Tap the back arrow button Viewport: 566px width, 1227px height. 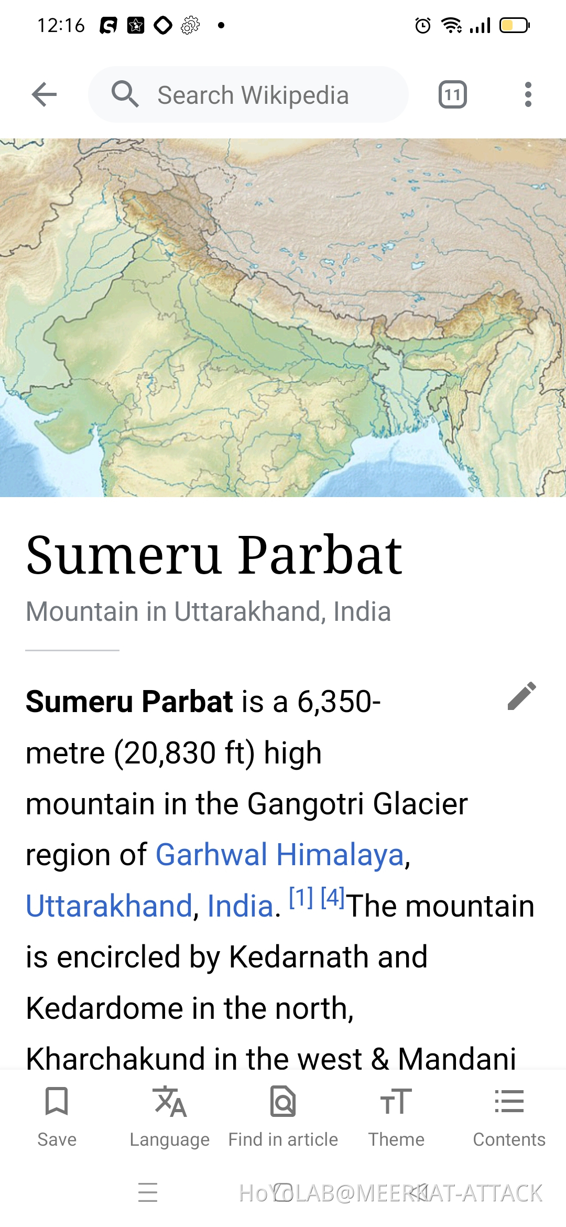click(x=44, y=94)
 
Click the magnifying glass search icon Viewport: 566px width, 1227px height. click(x=125, y=94)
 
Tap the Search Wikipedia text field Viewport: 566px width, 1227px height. click(x=253, y=95)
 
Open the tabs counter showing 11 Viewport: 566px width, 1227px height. click(x=452, y=95)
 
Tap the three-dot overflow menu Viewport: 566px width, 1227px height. click(x=528, y=94)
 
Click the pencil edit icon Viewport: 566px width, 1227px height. click(x=522, y=696)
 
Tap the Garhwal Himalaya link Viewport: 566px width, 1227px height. click(x=280, y=855)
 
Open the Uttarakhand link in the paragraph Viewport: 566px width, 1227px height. click(x=109, y=906)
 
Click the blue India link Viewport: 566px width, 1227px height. click(x=241, y=906)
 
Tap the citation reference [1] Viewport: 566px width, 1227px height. click(x=301, y=898)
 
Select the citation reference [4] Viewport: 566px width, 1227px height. click(x=332, y=898)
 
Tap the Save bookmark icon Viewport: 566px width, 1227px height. click(x=57, y=1101)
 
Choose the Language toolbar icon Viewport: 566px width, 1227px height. click(x=170, y=1101)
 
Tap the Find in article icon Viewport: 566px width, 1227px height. click(x=283, y=1101)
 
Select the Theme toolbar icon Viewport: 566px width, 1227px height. click(x=396, y=1101)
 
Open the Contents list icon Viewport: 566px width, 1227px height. click(x=509, y=1101)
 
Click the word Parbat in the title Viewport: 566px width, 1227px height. click(x=320, y=556)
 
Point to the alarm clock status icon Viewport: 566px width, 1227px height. click(x=422, y=25)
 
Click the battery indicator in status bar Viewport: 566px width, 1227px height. click(x=514, y=25)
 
